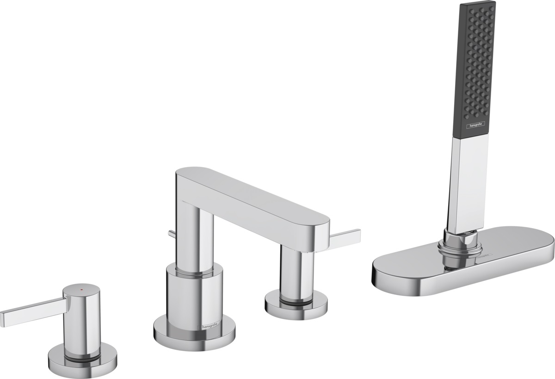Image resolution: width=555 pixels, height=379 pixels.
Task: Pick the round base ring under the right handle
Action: pos(296,305)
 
